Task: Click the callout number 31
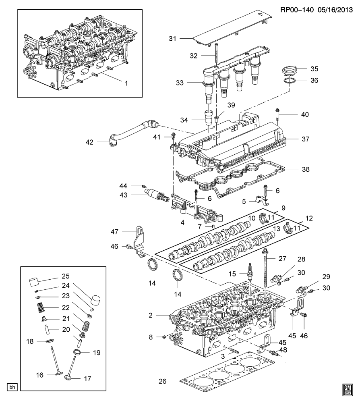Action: [172, 39]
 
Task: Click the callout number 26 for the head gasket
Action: [162, 381]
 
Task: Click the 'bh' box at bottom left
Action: [12, 388]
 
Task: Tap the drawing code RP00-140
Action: [296, 10]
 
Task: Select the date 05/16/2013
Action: [335, 10]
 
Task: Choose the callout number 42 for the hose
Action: [89, 142]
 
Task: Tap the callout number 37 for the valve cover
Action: [305, 139]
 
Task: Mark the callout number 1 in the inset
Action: [126, 83]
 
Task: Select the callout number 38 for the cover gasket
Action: [306, 169]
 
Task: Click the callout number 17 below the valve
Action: [87, 378]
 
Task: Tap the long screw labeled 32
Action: [217, 55]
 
